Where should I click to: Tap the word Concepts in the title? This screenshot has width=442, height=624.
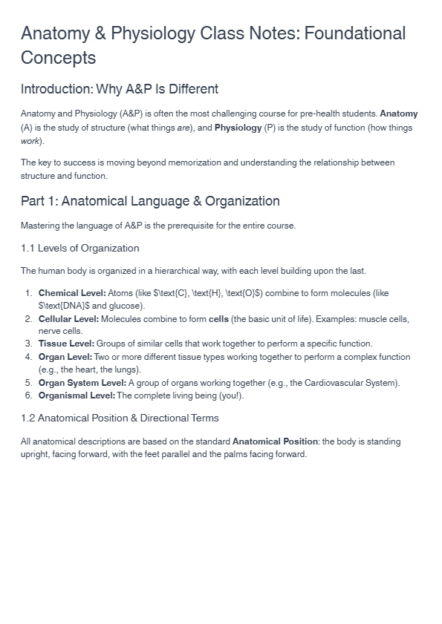(59, 58)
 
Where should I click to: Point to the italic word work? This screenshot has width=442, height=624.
(30, 141)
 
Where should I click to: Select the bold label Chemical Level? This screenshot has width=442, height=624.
(72, 293)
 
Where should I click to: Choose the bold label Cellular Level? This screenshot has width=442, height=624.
(68, 319)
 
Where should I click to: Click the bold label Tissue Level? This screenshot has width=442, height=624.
(66, 344)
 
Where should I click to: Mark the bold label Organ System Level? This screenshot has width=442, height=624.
(82, 383)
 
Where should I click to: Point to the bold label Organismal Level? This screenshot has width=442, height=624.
(77, 395)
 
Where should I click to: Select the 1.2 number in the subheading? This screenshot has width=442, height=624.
(28, 418)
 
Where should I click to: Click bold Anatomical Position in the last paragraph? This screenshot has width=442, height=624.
(275, 441)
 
